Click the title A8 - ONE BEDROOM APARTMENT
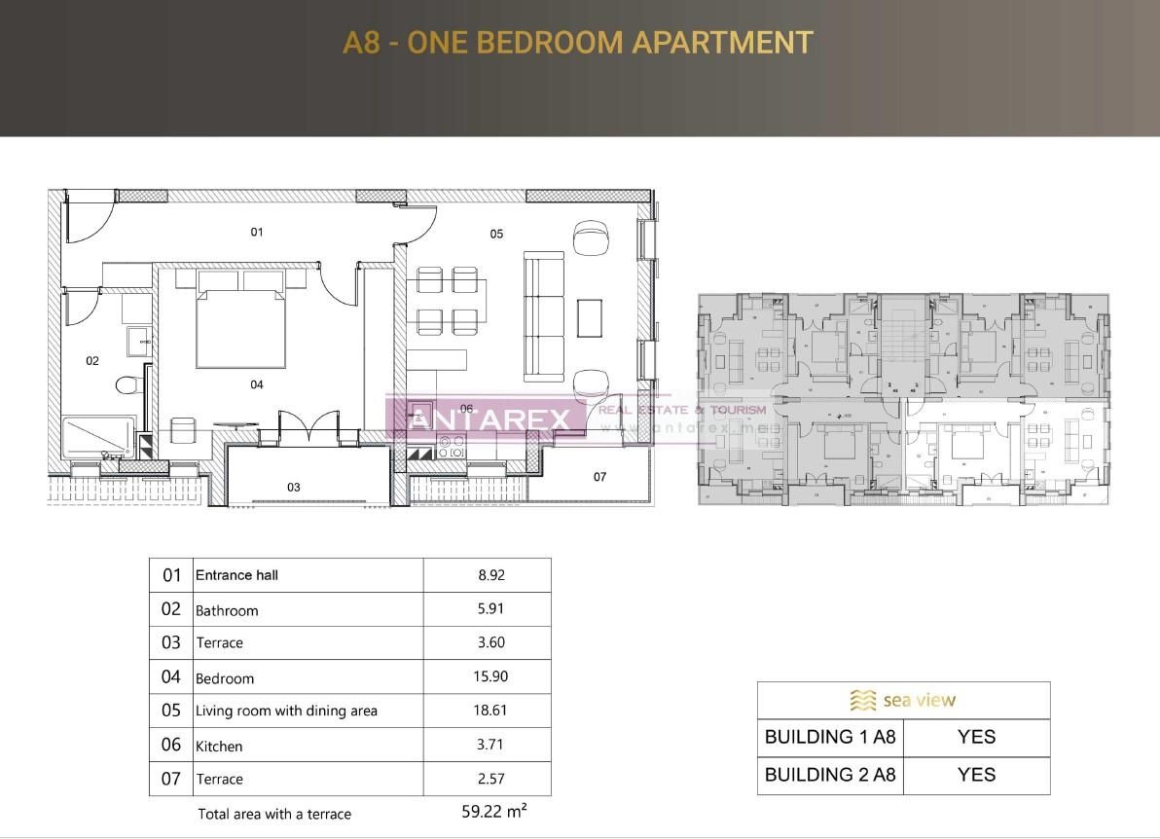pyautogui.click(x=578, y=43)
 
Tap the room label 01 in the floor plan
pyautogui.click(x=257, y=232)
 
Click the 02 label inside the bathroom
pyautogui.click(x=92, y=361)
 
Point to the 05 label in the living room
pyautogui.click(x=496, y=234)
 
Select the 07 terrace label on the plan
pyautogui.click(x=599, y=477)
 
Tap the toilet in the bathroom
pyautogui.click(x=126, y=385)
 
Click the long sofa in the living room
pyautogui.click(x=543, y=316)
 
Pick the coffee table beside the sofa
pyautogui.click(x=590, y=317)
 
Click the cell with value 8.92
pyautogui.click(x=491, y=575)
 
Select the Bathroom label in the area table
pyautogui.click(x=227, y=611)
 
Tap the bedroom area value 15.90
pyautogui.click(x=490, y=676)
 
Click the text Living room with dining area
pyautogui.click(x=286, y=711)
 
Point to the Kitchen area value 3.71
pyautogui.click(x=490, y=745)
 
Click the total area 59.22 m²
pyautogui.click(x=494, y=811)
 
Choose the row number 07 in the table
pyautogui.click(x=171, y=779)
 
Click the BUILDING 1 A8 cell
pyautogui.click(x=830, y=737)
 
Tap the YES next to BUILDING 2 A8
pyautogui.click(x=976, y=775)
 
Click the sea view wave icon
pyautogui.click(x=862, y=700)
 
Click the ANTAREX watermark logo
pyautogui.click(x=489, y=419)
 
